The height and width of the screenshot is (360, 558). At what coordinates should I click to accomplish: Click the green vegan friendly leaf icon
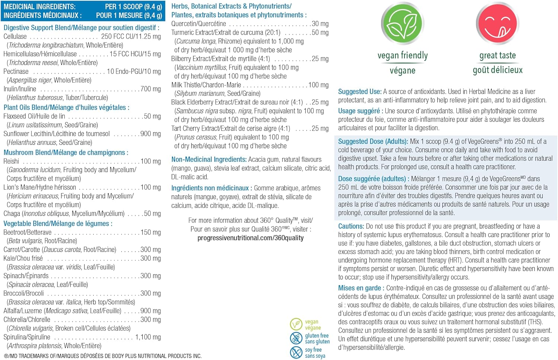403,24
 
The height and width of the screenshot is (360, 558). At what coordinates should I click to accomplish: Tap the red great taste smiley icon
497,24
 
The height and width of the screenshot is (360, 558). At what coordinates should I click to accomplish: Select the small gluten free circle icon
296,338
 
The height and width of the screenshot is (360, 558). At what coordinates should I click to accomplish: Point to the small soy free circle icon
296,352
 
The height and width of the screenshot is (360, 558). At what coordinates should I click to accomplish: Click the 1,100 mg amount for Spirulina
148,337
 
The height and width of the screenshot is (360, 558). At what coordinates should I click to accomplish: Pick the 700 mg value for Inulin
151,89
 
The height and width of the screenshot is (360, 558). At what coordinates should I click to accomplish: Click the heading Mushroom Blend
66,152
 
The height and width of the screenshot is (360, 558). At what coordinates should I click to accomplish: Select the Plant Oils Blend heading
66,107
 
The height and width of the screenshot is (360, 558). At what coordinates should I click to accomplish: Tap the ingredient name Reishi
11,161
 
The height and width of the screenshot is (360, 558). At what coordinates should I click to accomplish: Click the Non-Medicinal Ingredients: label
209,160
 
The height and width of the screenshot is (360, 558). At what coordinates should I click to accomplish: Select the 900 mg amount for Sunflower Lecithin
151,134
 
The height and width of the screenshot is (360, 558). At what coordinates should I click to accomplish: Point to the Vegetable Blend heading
58,224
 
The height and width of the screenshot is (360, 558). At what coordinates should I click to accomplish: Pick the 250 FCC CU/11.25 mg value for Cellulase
131,36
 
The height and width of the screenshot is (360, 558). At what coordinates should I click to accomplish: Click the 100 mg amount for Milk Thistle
318,85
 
